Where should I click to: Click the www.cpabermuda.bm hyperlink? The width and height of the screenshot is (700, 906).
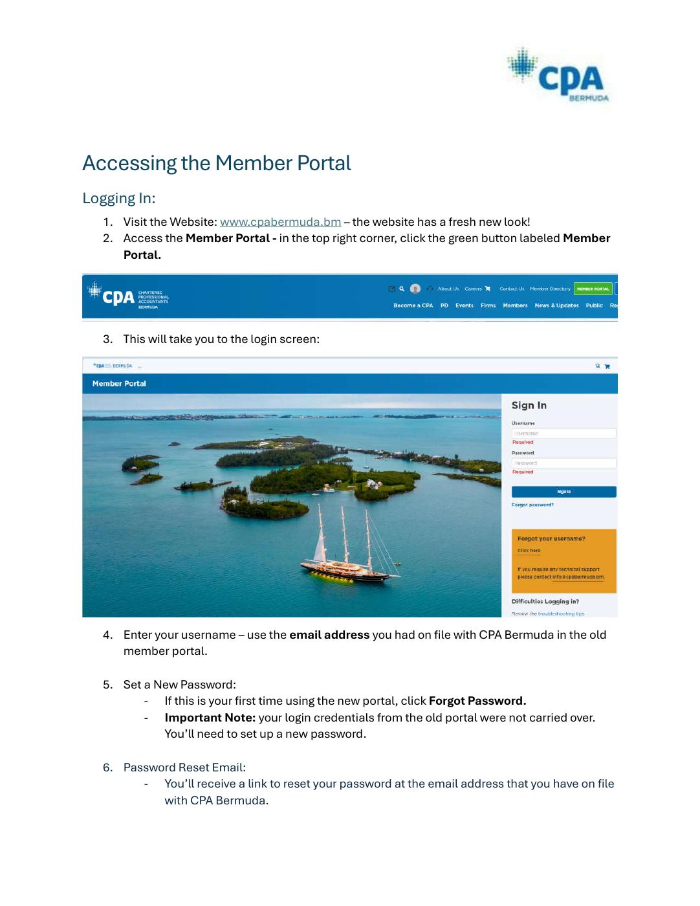[x=280, y=222]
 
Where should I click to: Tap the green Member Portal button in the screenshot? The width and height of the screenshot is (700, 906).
[x=593, y=289]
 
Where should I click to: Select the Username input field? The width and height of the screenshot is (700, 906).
[x=563, y=434]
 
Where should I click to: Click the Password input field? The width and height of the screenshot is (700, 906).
[x=563, y=463]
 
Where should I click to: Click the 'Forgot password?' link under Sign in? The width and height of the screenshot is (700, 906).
[x=532, y=505]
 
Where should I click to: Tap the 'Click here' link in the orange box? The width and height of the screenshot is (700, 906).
[x=529, y=551]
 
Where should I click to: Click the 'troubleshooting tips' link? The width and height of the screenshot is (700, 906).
[x=561, y=613]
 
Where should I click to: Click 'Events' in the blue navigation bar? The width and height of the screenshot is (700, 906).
[x=465, y=305]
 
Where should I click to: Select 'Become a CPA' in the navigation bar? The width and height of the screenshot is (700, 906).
[x=413, y=305]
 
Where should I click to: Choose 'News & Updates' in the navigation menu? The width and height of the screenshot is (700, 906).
[x=556, y=305]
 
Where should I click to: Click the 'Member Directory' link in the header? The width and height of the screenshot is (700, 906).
[x=550, y=289]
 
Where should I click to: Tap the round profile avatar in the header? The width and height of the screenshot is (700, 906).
[x=415, y=289]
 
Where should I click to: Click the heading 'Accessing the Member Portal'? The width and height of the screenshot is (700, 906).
[x=217, y=163]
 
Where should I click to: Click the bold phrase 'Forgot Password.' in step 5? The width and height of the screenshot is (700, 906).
[x=477, y=701]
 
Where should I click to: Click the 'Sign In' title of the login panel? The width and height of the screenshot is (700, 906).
[x=529, y=406]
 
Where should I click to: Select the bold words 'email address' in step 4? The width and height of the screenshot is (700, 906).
[x=329, y=635]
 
